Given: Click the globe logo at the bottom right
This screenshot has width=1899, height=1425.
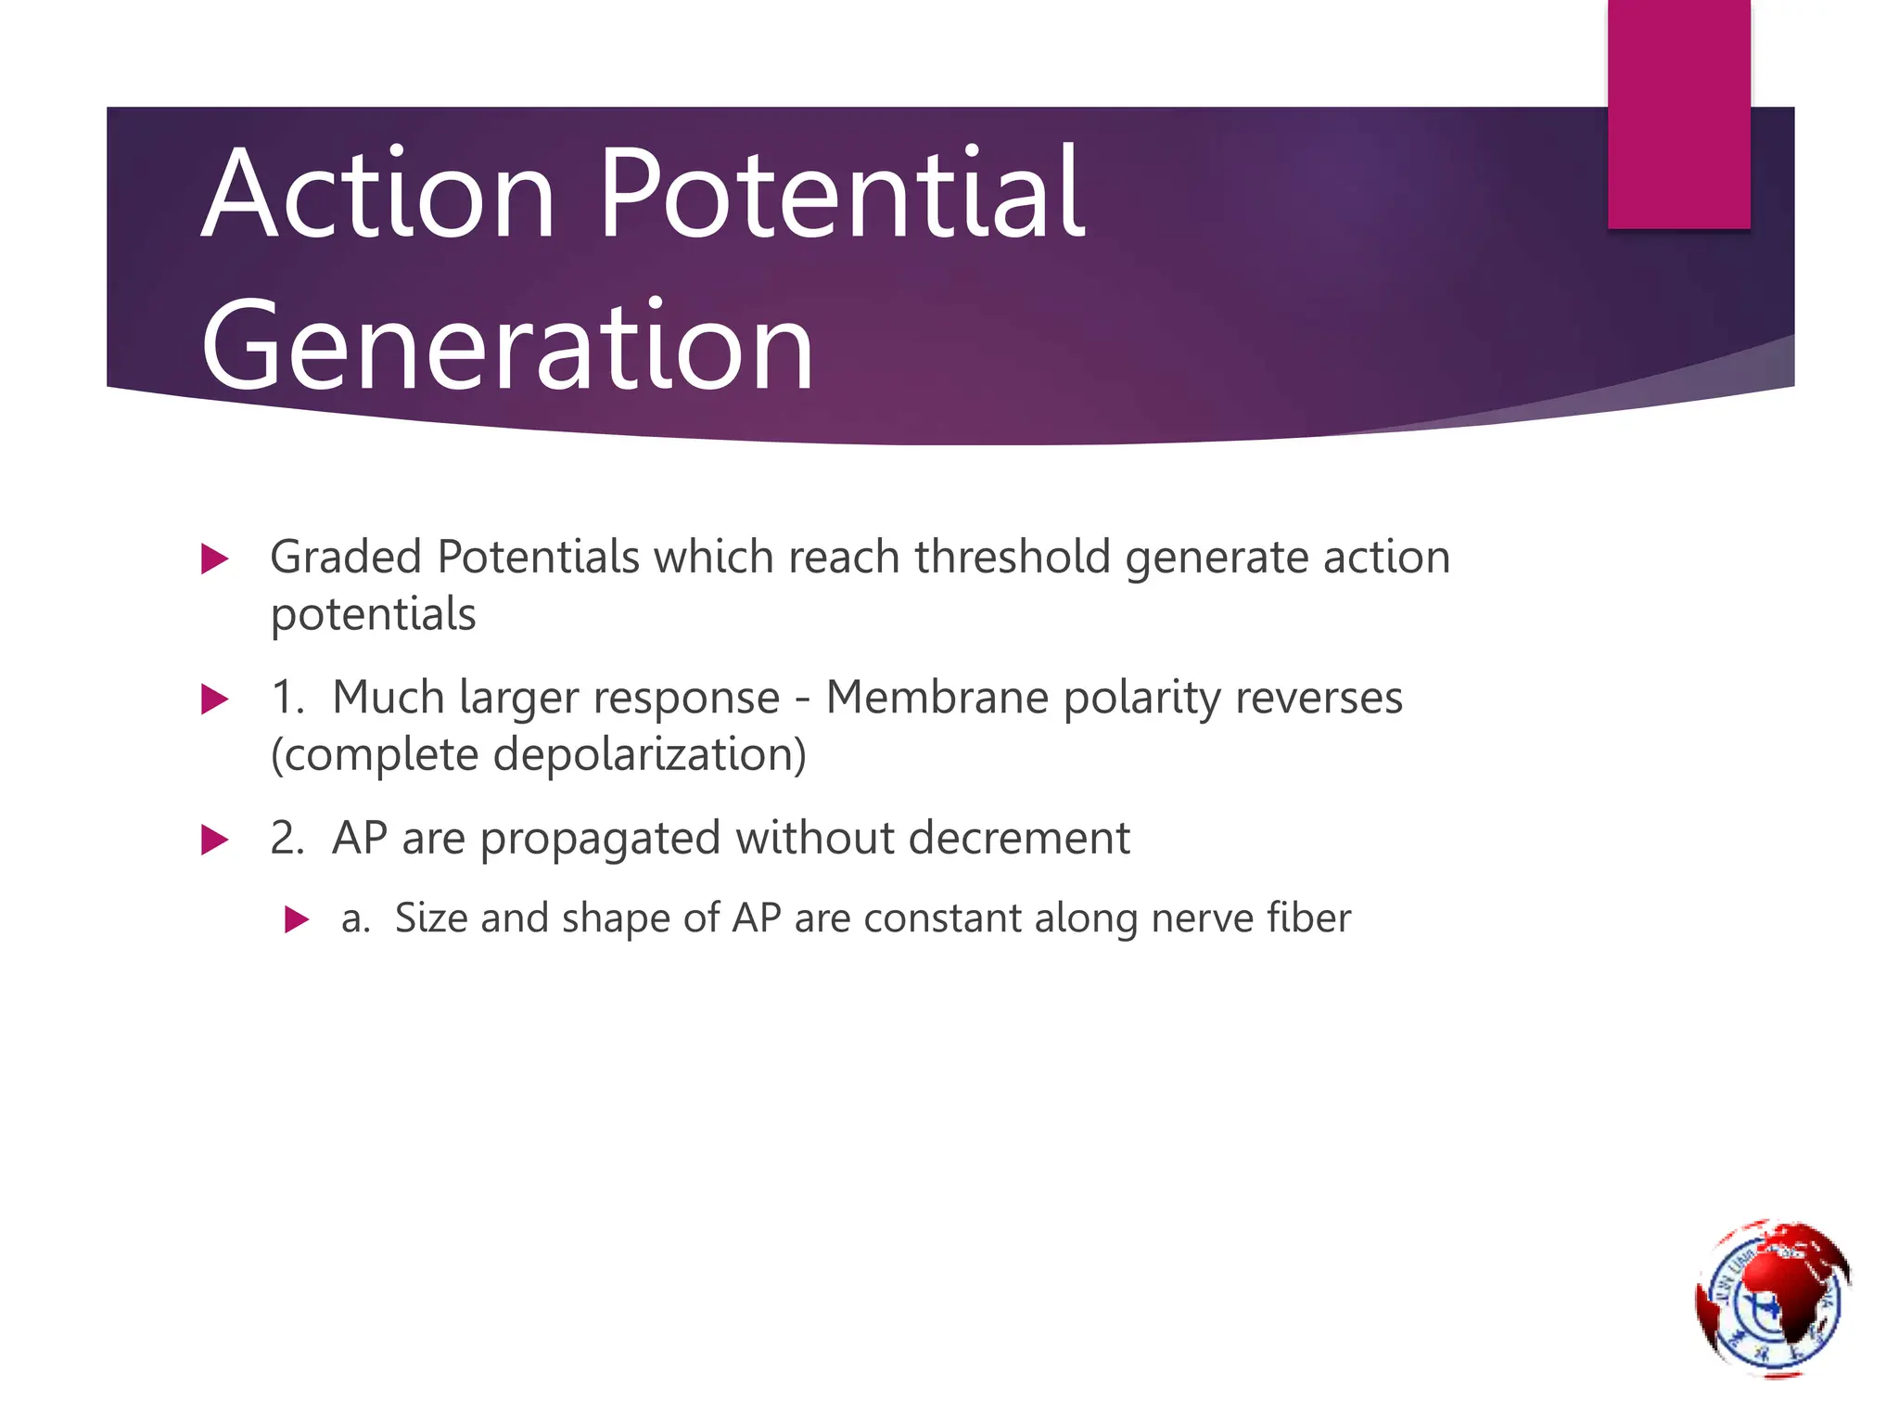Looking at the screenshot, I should click(1771, 1298).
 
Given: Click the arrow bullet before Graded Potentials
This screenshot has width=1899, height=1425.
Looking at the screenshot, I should click(214, 559).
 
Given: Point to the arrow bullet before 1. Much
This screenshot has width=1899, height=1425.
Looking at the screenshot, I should click(214, 700).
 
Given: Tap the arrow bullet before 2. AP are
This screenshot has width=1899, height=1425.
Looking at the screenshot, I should click(214, 840).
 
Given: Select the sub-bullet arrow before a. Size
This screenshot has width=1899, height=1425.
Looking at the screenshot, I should click(297, 920).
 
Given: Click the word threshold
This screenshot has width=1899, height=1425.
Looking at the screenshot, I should click(1013, 558).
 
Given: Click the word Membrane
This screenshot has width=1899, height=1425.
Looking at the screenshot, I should click(937, 698).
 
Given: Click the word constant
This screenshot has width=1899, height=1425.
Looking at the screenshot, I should click(943, 918).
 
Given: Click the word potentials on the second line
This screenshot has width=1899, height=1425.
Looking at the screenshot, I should click(373, 616).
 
